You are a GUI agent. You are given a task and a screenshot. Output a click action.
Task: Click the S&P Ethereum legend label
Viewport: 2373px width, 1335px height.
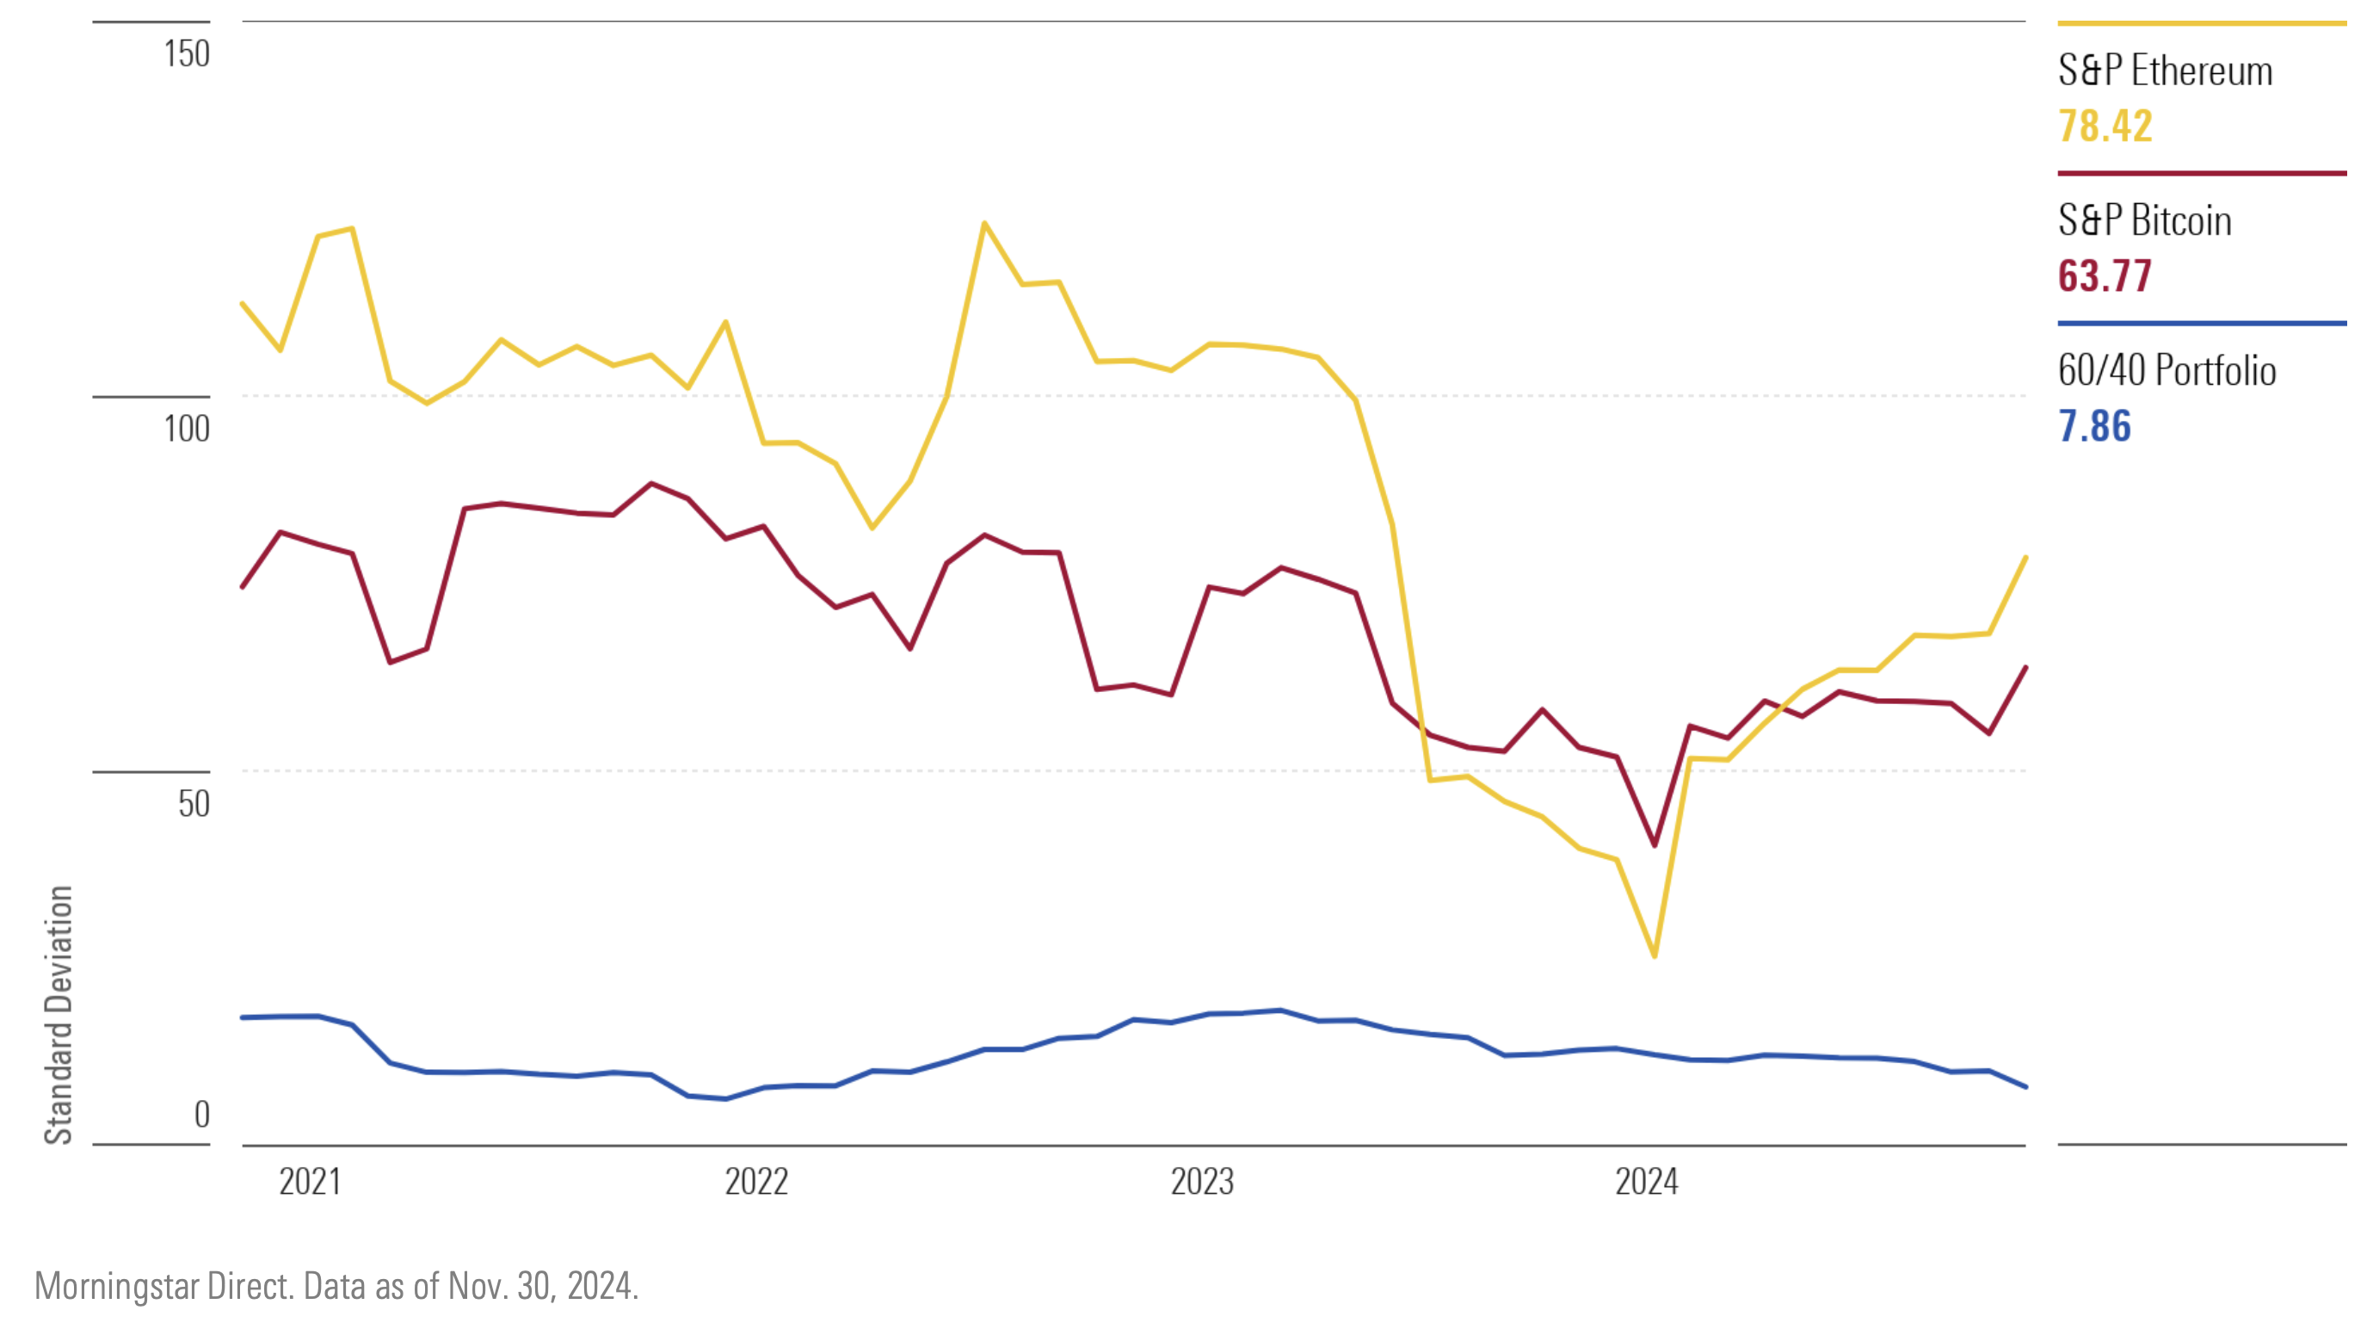tap(2165, 71)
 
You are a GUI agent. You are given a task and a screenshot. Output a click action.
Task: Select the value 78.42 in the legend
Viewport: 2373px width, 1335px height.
tap(2105, 127)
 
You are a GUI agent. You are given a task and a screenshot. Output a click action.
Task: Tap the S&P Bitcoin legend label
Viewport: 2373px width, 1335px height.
tap(2144, 221)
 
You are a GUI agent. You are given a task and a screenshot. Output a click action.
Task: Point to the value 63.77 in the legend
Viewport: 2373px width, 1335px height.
tap(2105, 276)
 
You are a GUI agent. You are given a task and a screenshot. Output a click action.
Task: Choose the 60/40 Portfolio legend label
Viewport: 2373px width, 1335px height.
tap(2167, 370)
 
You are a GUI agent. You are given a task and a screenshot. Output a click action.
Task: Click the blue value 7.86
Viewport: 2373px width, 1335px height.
tap(2095, 427)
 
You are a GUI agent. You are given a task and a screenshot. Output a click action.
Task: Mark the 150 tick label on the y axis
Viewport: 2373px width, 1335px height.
tap(187, 53)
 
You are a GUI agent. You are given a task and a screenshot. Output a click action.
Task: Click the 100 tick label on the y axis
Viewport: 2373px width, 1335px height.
tap(187, 429)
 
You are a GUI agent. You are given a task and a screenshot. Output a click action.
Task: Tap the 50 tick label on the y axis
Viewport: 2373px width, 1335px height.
tap(194, 803)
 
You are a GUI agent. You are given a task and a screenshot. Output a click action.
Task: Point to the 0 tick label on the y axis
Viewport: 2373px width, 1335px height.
tap(201, 1115)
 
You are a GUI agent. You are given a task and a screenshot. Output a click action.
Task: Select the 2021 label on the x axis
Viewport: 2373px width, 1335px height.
tap(310, 1182)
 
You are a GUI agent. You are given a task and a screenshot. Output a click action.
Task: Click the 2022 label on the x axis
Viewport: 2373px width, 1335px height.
tap(756, 1182)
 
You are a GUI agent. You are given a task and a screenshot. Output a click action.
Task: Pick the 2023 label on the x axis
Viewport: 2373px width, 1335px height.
tap(1201, 1182)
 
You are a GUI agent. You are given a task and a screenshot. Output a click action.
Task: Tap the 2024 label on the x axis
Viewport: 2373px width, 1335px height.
tap(1647, 1182)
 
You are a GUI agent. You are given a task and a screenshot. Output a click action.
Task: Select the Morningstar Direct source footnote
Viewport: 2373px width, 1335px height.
tap(336, 1286)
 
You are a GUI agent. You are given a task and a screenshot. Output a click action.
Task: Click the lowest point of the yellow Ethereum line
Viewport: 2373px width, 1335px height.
tap(1655, 956)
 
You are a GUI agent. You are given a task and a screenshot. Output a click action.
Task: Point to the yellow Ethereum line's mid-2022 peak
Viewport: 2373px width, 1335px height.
tap(985, 223)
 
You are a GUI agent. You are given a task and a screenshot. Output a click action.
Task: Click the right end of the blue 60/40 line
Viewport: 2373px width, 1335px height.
tap(2025, 1087)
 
